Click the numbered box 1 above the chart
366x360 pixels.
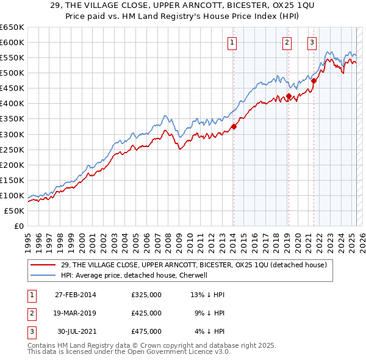click(x=233, y=42)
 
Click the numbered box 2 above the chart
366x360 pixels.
click(x=287, y=42)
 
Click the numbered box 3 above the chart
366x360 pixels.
click(x=312, y=42)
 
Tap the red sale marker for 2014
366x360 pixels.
click(x=234, y=127)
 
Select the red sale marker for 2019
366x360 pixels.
click(x=289, y=96)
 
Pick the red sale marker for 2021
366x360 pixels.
click(x=314, y=81)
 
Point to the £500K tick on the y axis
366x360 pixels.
click(x=12, y=73)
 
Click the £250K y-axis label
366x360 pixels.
click(x=12, y=149)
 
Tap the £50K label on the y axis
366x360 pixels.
click(x=15, y=211)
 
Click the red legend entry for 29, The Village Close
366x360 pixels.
click(x=194, y=265)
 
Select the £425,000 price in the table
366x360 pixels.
click(x=146, y=313)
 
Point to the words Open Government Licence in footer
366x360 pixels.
click(x=181, y=353)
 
